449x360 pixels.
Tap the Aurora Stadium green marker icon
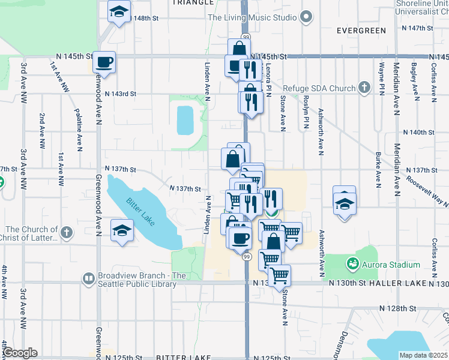352,263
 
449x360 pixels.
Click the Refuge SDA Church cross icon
364,88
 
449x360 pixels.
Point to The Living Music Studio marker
306,17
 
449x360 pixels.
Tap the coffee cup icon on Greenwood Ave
104,62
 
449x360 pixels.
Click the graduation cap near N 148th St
119,10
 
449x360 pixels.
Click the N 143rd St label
121,94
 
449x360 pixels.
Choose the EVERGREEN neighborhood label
361,30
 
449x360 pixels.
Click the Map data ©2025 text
424,355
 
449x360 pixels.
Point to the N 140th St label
418,132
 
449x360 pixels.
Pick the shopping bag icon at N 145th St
239,47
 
